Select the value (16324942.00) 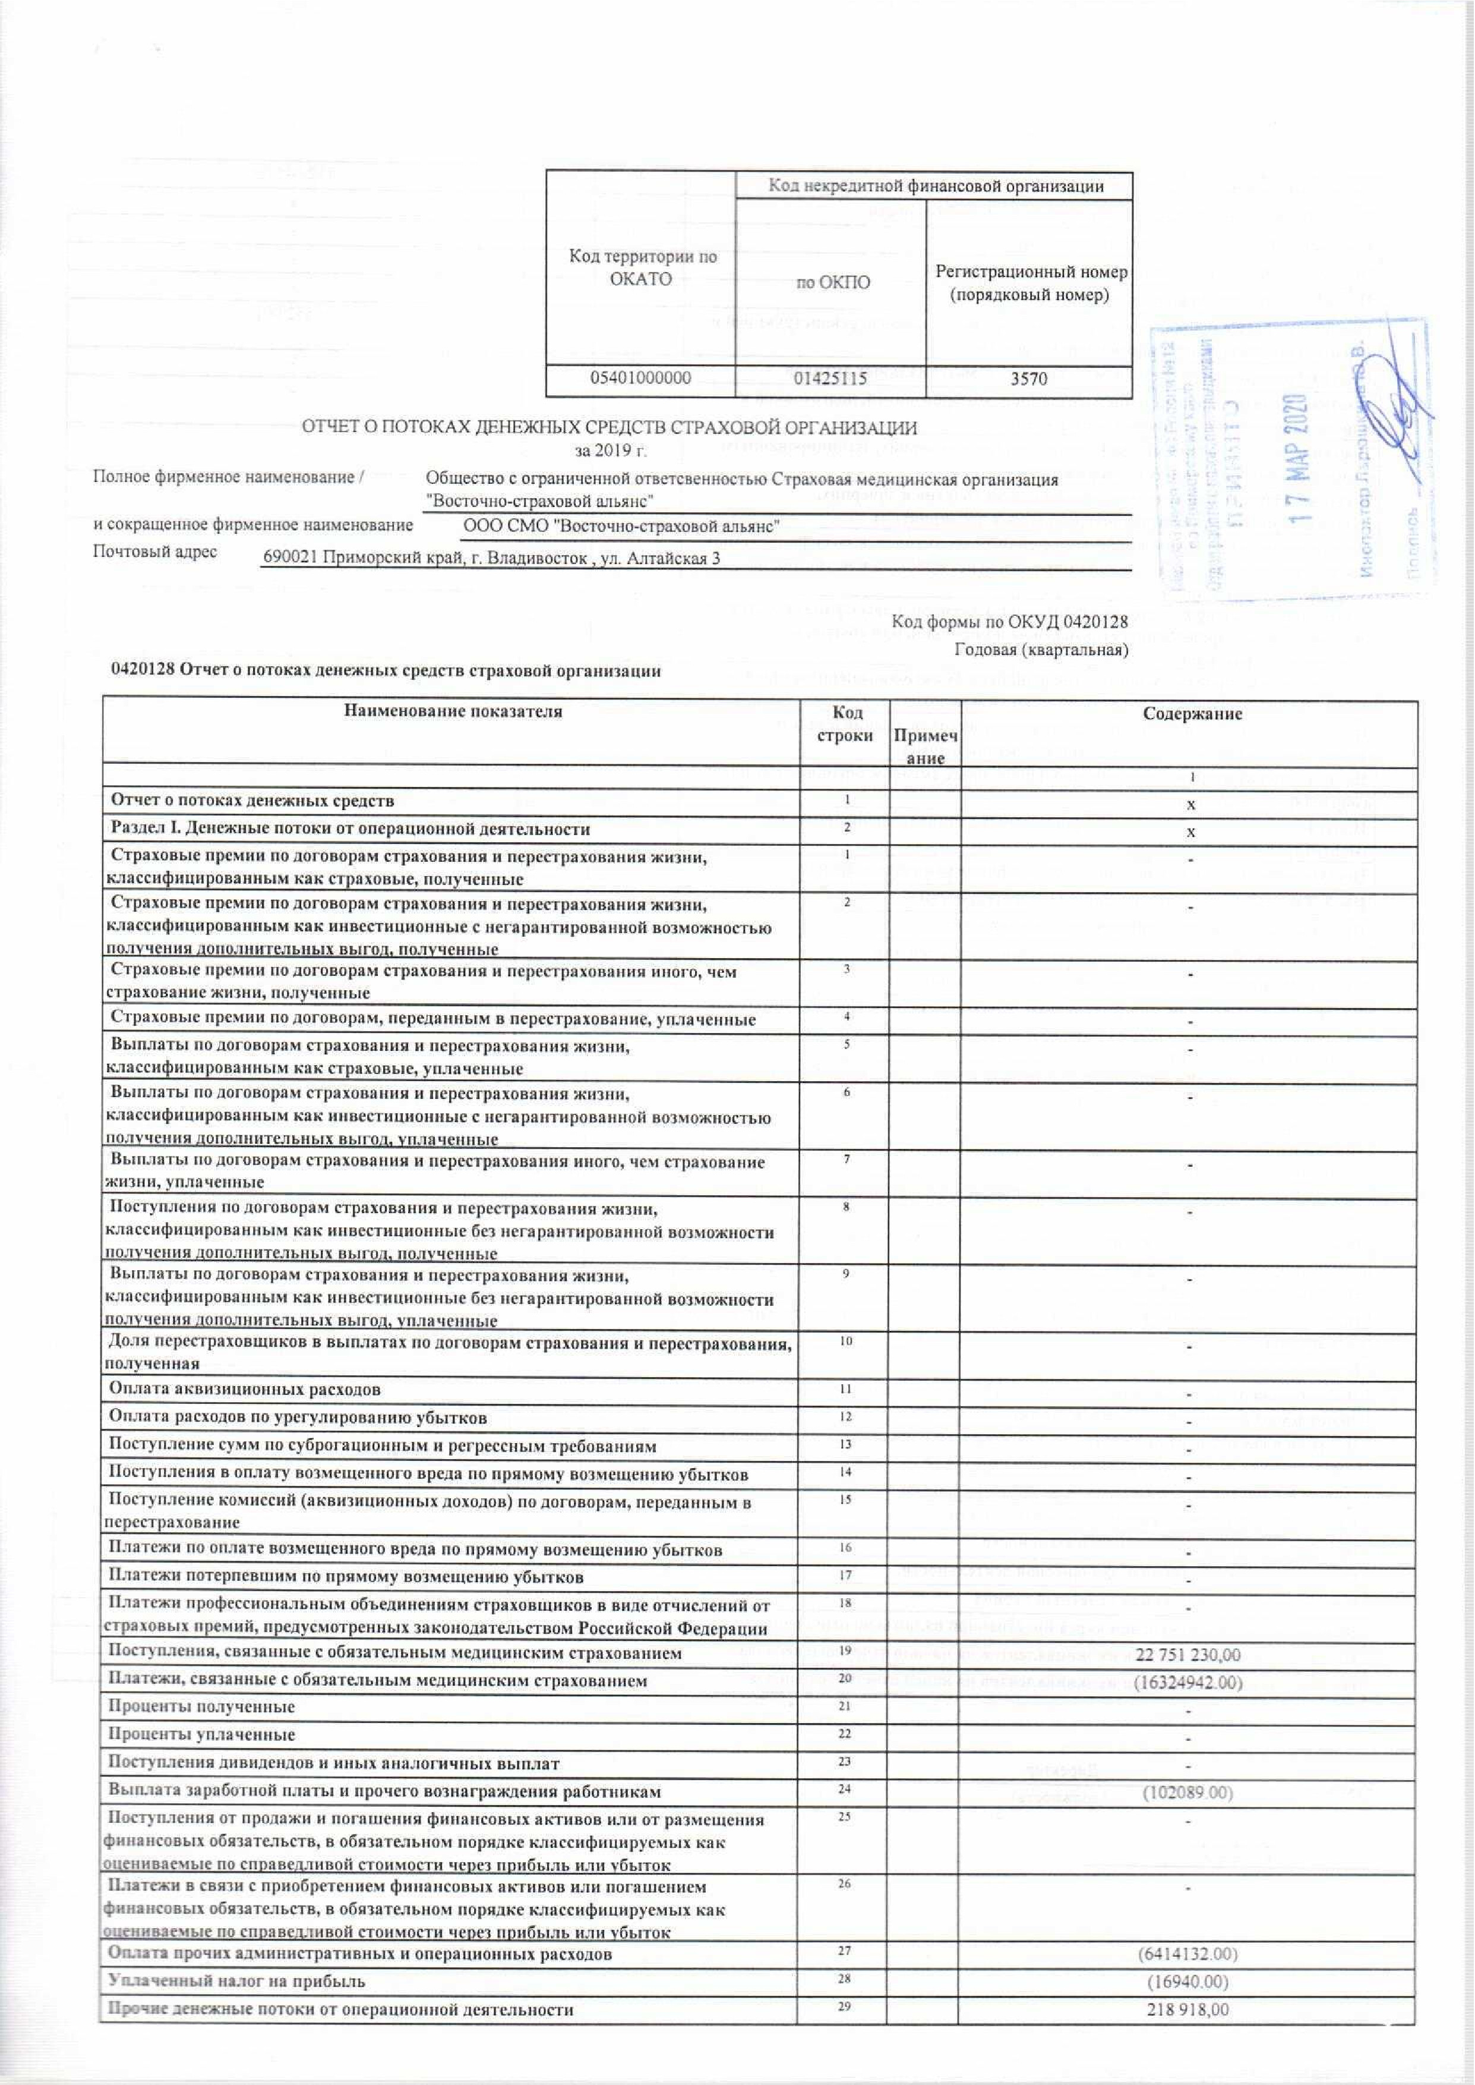tap(1187, 1683)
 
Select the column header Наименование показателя tap(452, 711)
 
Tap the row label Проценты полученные tap(201, 1707)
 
